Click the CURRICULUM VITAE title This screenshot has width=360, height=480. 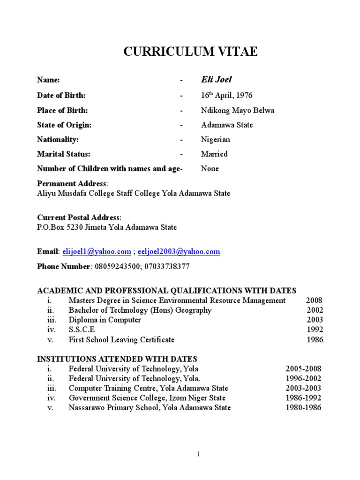190,52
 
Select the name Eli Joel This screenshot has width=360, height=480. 216,80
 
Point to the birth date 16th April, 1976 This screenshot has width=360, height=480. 226,96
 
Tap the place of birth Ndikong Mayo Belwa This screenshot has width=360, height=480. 237,111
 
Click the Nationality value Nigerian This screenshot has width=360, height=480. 215,140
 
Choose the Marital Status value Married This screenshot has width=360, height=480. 214,154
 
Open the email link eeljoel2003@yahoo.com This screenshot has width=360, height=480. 179,252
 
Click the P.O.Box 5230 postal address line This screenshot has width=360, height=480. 107,227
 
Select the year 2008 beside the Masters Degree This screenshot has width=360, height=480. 314,300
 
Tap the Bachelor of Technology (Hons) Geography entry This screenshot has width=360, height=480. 140,310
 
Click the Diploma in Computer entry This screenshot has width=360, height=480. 105,320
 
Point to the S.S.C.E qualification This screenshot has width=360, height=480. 82,330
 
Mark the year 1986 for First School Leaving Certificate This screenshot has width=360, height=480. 315,340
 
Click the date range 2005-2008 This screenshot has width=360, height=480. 303,369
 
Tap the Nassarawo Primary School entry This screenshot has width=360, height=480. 149,408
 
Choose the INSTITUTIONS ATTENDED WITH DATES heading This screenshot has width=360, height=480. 117,359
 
